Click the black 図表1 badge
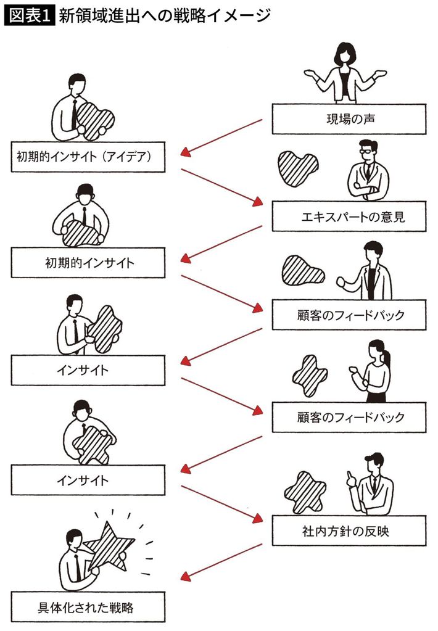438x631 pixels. pyautogui.click(x=29, y=16)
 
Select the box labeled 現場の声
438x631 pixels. pyautogui.click(x=349, y=119)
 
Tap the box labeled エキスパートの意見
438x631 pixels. pyautogui.click(x=349, y=217)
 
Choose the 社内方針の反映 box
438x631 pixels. pyautogui.click(x=349, y=530)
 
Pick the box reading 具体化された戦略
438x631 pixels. pyautogui.click(x=88, y=607)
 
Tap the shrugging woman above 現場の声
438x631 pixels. pyautogui.click(x=345, y=73)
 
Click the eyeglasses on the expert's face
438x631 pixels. pyautogui.click(x=366, y=152)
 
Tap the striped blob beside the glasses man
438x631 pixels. pyautogui.click(x=298, y=168)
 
